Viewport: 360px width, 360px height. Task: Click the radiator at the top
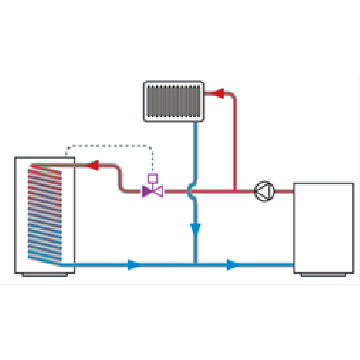pyautogui.click(x=174, y=101)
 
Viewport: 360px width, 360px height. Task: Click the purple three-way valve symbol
pyautogui.click(x=152, y=191)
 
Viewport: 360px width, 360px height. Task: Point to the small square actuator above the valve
pyautogui.click(x=153, y=178)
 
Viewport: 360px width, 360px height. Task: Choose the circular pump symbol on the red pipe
pyautogui.click(x=265, y=191)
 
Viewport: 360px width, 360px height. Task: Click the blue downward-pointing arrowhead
pyautogui.click(x=195, y=230)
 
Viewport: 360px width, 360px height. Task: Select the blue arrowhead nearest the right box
pyautogui.click(x=233, y=265)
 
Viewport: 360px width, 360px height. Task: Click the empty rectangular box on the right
pyautogui.click(x=323, y=227)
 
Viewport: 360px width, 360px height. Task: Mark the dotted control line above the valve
pyautogui.click(x=109, y=146)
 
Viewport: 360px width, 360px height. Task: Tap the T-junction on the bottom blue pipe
pyautogui.click(x=195, y=264)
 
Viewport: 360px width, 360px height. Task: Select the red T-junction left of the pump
pyautogui.click(x=235, y=191)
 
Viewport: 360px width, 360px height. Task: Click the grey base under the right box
pyautogui.click(x=323, y=275)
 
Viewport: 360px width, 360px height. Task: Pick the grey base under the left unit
pyautogui.click(x=44, y=275)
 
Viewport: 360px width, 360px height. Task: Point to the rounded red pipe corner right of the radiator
pyautogui.click(x=233, y=96)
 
